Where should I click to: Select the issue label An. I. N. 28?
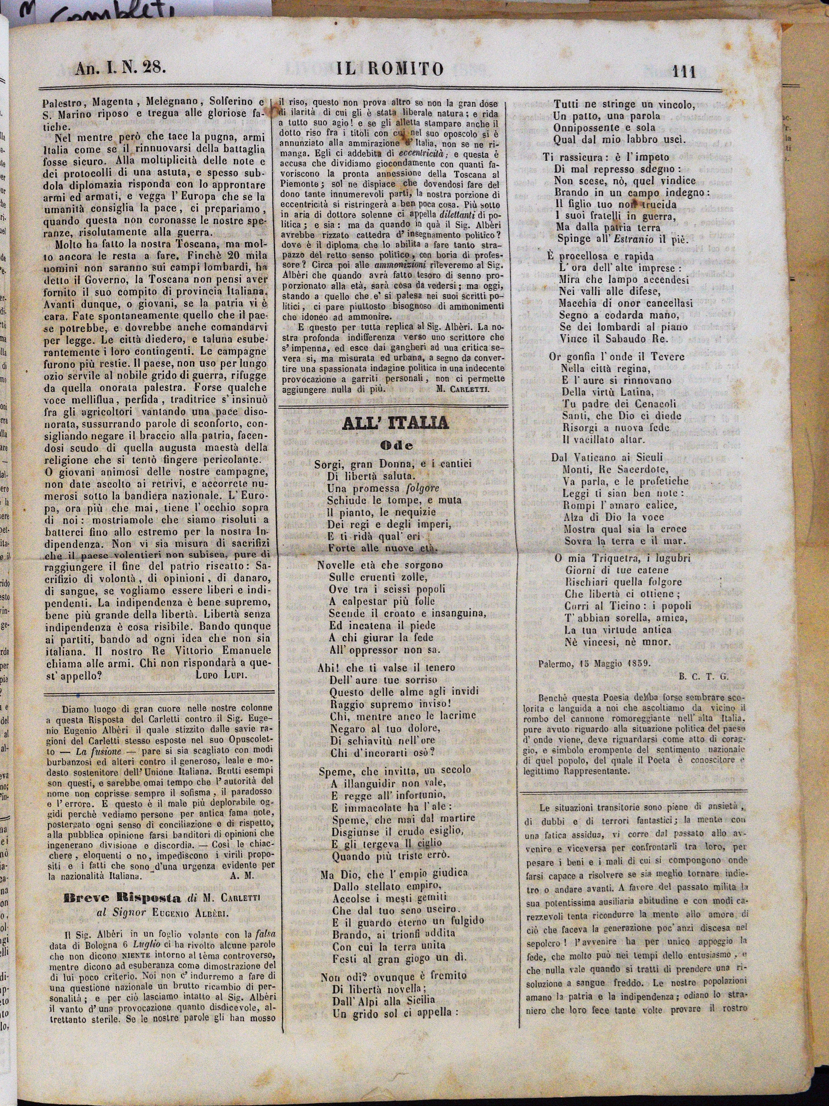click(120, 68)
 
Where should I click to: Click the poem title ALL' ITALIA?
click(395, 424)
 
